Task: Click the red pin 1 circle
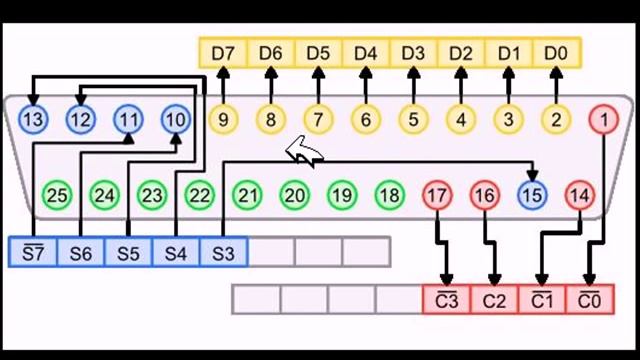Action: (603, 120)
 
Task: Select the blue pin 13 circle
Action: (33, 120)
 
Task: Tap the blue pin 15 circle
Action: (532, 194)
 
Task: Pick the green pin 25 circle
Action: (57, 194)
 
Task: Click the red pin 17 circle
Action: (437, 194)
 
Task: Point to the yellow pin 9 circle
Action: (223, 120)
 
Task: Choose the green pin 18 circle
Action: (389, 194)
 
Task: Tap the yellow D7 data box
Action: (223, 51)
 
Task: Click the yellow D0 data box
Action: (556, 51)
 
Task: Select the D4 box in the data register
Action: (365, 51)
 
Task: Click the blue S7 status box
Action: (33, 252)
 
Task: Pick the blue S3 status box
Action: (223, 252)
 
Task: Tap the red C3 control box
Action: (446, 299)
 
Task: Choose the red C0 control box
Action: (590, 299)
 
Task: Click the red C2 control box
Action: (494, 299)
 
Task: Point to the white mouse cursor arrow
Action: (304, 153)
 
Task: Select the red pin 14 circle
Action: (579, 194)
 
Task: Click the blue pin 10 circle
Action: (175, 120)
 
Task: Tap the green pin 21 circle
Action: (247, 194)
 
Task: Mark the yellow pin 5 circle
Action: (413, 120)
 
